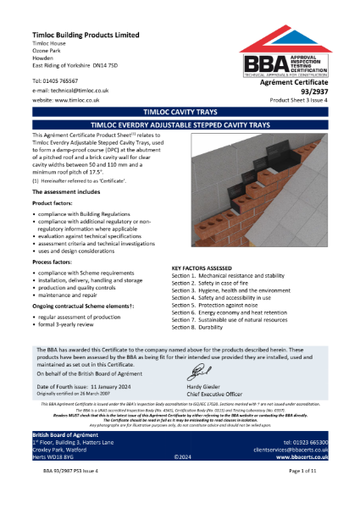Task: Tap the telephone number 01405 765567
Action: point(69,80)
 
